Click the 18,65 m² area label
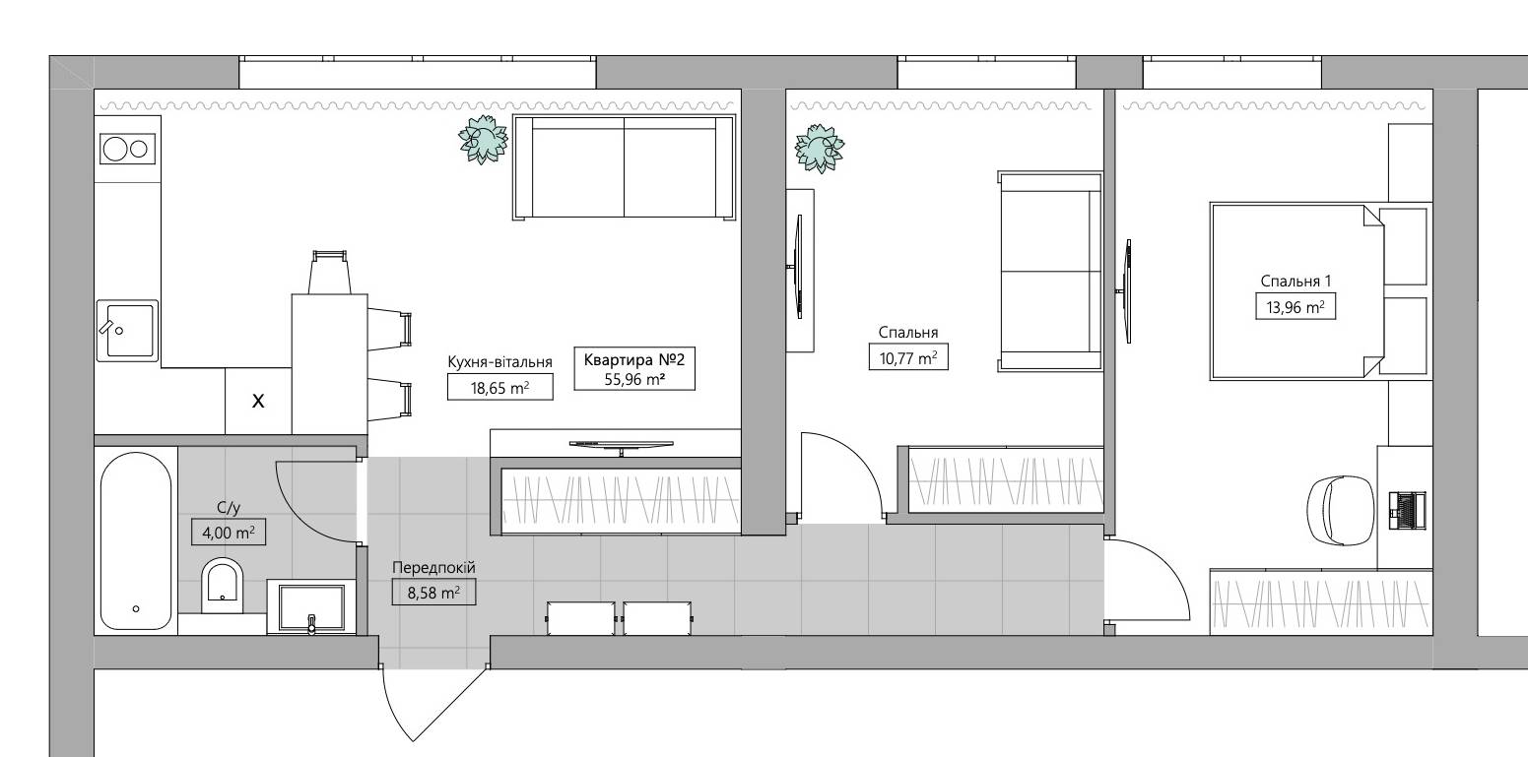500,387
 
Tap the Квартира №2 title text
634,359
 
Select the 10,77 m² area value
908,357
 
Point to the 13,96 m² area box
1295,306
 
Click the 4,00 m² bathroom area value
229,532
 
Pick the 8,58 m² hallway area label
433,592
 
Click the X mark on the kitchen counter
258,401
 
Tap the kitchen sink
127,331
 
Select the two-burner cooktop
127,149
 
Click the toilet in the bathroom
223,586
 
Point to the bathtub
136,541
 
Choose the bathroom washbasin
311,606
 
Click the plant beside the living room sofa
483,139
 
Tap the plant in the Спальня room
820,148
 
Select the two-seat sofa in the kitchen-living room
625,167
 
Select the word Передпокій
433,567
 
